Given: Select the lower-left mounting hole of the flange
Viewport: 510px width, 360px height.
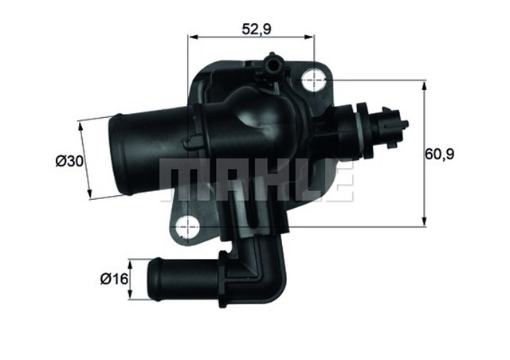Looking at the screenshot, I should coord(188,226).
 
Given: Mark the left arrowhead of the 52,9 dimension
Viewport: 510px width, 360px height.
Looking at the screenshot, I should coord(192,36).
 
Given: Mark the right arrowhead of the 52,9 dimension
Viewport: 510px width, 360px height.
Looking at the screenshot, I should coord(312,36).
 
